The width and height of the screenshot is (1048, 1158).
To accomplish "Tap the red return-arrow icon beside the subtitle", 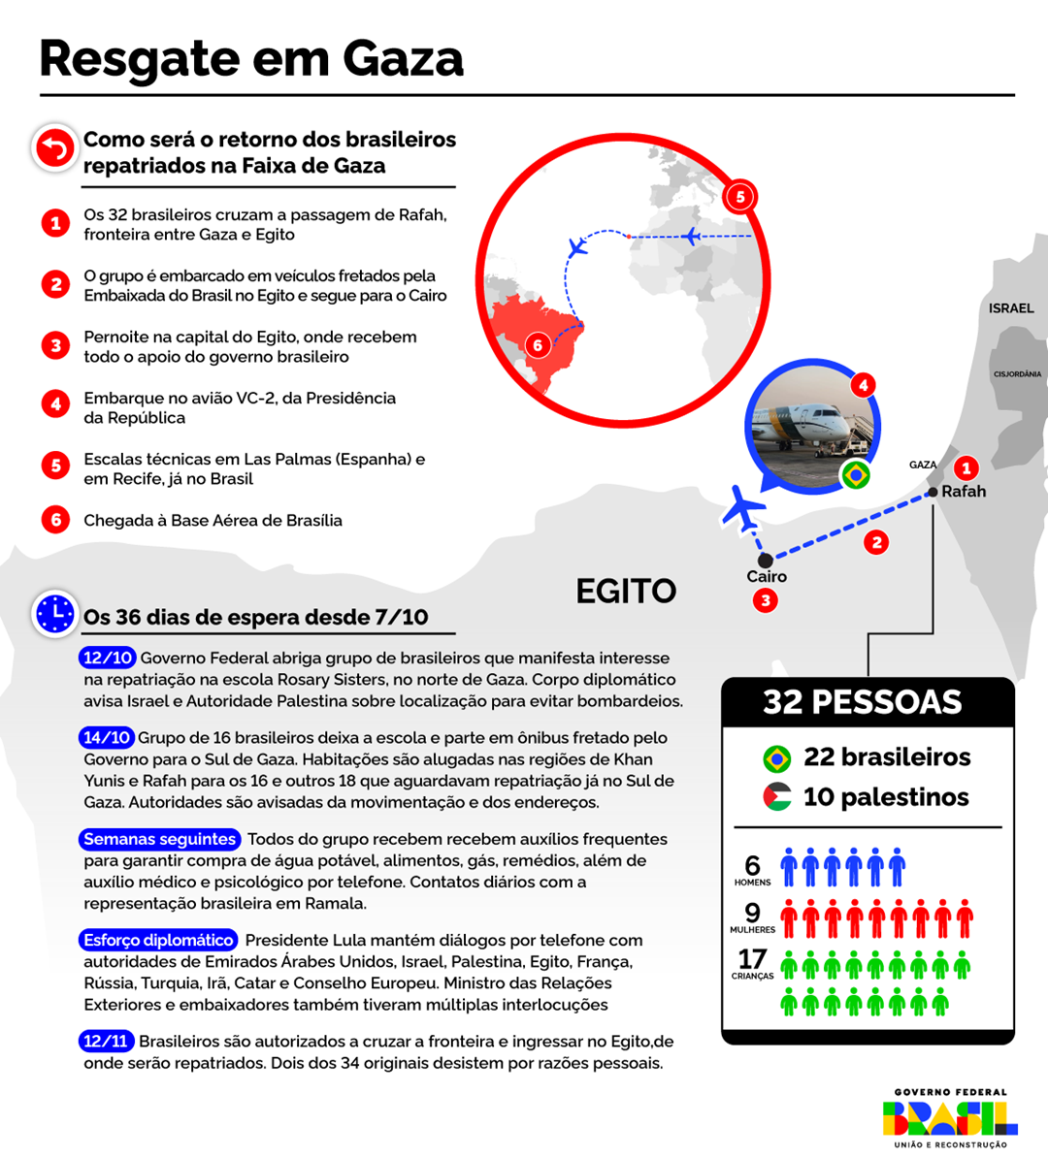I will [x=55, y=149].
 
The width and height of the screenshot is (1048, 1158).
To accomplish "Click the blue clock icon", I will [x=55, y=614].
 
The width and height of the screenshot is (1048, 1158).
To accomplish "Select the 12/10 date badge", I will [x=108, y=658].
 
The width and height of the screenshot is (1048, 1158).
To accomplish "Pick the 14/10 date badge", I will [x=108, y=737].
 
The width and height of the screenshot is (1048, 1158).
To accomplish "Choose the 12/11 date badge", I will [x=106, y=1041].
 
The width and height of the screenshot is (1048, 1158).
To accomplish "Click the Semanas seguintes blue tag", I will [x=159, y=839].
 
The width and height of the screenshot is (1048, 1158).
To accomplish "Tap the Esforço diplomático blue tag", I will [x=158, y=940].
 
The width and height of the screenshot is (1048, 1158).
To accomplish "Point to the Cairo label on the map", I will [x=767, y=576].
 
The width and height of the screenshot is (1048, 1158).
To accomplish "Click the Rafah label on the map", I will [x=964, y=492].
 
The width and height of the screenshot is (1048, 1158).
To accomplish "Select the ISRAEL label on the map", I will [x=1011, y=308].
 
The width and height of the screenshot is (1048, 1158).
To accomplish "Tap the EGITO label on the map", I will [x=626, y=592].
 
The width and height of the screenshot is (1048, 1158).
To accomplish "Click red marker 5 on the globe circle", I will [x=740, y=197].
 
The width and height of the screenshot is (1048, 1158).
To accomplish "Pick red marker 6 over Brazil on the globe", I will [x=538, y=345].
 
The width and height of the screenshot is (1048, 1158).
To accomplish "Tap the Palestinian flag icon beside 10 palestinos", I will [x=776, y=797].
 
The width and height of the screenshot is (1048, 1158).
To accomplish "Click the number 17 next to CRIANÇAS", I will [x=752, y=959].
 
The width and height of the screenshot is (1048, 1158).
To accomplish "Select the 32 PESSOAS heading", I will [x=863, y=702].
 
